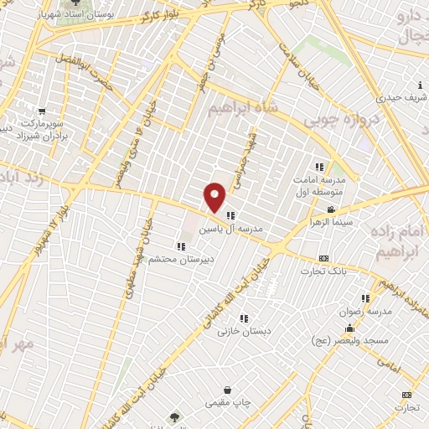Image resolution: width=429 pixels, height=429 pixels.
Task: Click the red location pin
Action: pyautogui.click(x=215, y=196)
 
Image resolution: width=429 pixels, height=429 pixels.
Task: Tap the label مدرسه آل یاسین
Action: pyautogui.click(x=235, y=228)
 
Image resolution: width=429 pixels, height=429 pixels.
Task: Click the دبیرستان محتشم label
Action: pyautogui.click(x=182, y=259)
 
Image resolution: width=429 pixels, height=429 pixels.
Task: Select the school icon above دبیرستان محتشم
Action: pyautogui.click(x=181, y=246)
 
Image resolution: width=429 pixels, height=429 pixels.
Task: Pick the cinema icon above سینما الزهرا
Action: pyautogui.click(x=331, y=209)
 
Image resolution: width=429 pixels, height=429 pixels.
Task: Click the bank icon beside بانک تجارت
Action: pyautogui.click(x=324, y=258)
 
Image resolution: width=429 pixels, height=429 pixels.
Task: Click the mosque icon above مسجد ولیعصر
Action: pyautogui.click(x=349, y=328)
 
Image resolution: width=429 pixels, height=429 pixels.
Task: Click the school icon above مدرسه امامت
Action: pyautogui.click(x=318, y=166)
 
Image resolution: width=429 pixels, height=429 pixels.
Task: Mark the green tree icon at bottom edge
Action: pyautogui.click(x=174, y=416)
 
